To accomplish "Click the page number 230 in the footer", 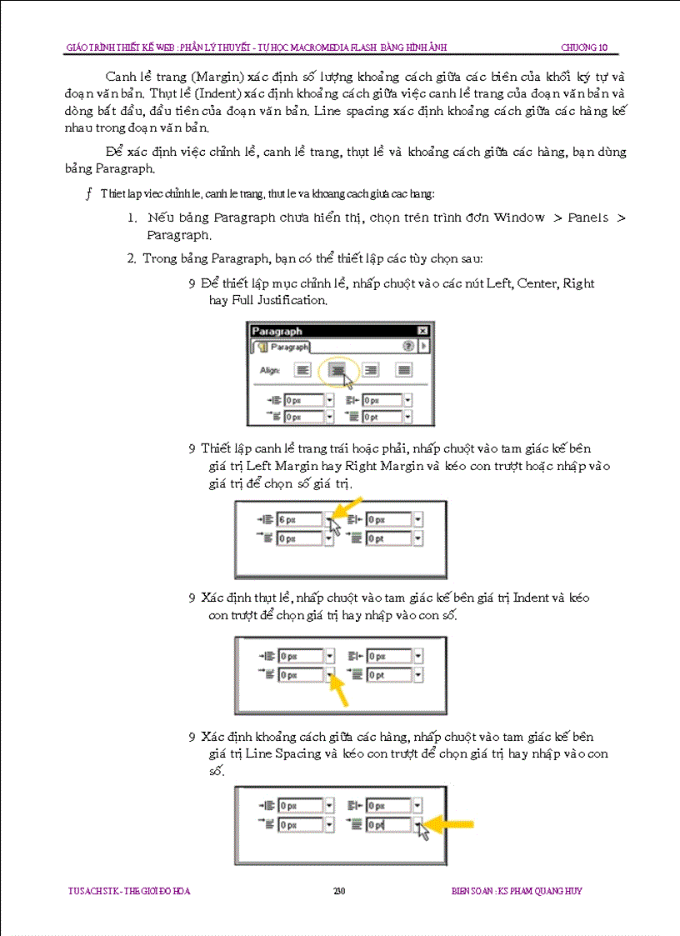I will point(339,891).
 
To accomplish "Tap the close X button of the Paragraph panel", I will point(422,331).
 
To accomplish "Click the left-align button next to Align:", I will point(303,369).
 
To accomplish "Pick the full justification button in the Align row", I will point(403,369).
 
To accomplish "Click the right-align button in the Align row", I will point(371,369).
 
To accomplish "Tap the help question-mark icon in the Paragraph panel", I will point(408,346).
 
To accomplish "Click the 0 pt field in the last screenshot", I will point(388,825).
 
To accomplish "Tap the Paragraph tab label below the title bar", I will point(284,347).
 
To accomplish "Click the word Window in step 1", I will point(518,218).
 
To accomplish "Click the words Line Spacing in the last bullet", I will point(284,753).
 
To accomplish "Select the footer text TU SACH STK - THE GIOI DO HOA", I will point(129,891).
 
